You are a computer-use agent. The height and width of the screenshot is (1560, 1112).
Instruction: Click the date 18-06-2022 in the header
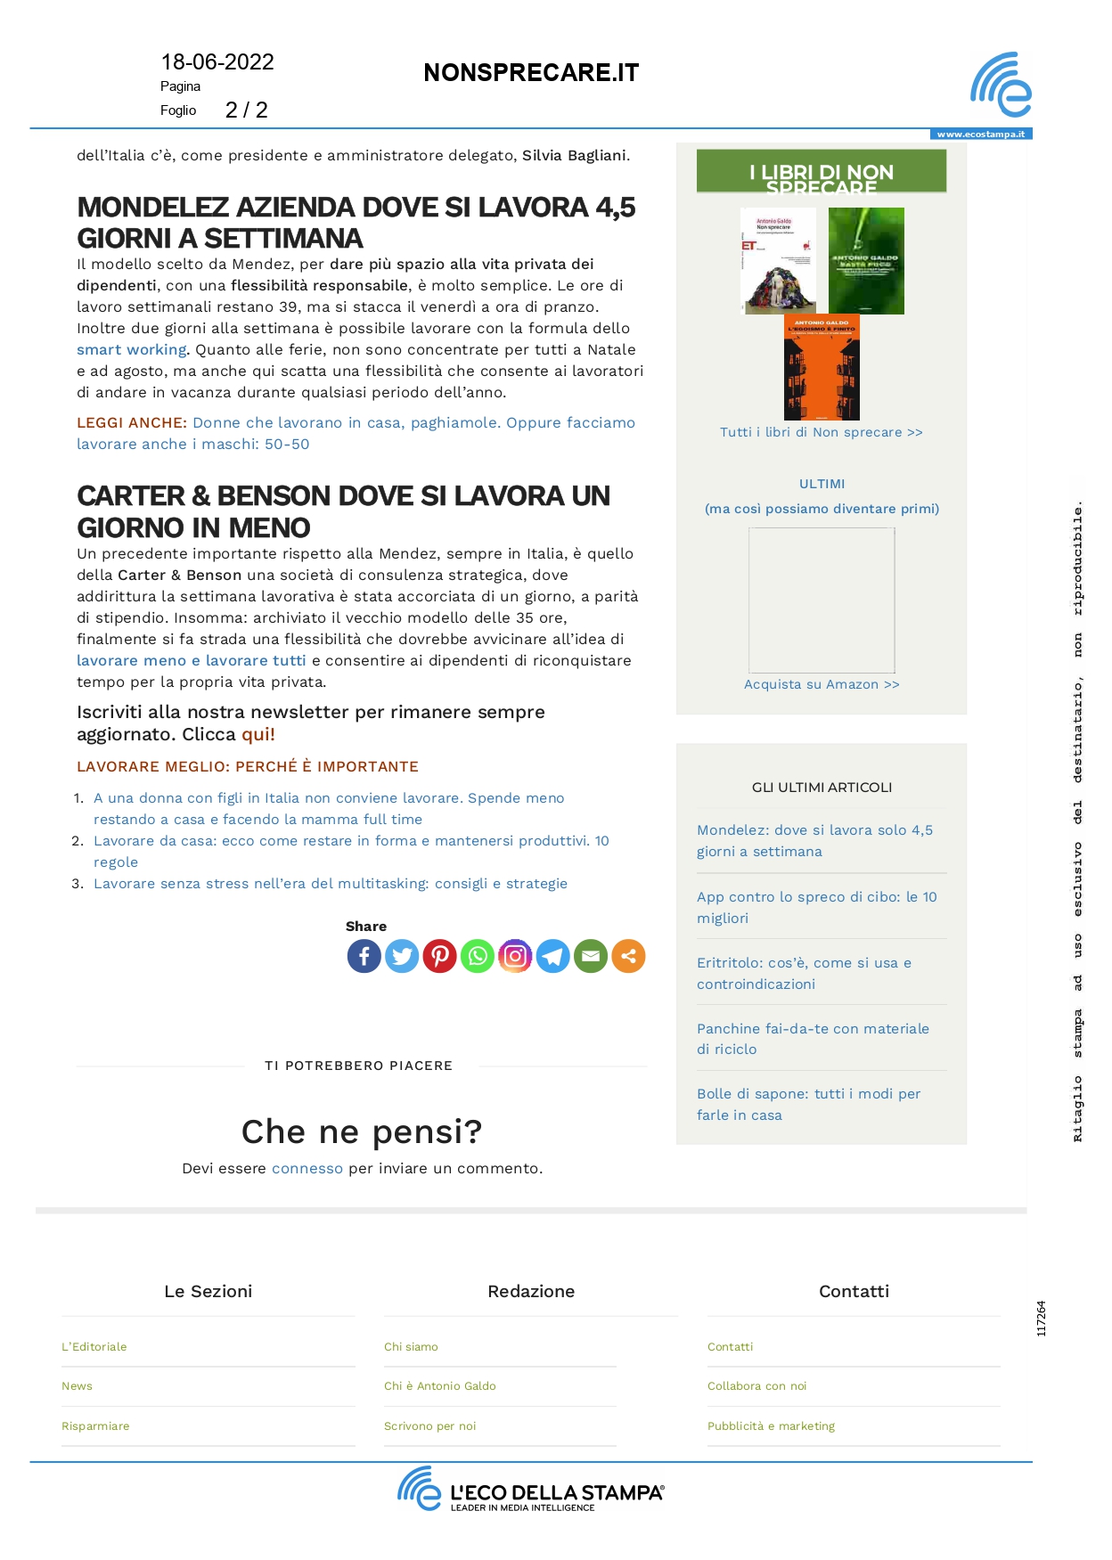[x=217, y=62]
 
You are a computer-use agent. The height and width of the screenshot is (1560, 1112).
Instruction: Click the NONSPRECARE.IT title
[x=531, y=73]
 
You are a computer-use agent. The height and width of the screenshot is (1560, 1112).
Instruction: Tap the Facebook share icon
[x=364, y=956]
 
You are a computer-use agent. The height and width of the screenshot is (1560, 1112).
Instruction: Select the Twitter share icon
[x=402, y=956]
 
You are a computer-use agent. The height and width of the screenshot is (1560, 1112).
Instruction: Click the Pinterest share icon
[x=439, y=956]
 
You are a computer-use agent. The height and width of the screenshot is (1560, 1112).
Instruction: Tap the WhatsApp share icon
[x=478, y=956]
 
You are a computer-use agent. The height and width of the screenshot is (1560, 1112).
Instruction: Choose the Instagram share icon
[x=515, y=956]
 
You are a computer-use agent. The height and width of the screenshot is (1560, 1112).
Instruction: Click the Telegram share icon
[x=552, y=956]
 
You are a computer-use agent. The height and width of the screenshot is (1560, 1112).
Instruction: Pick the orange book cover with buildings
[x=822, y=367]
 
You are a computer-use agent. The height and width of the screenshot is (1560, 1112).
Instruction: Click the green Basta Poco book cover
[x=866, y=261]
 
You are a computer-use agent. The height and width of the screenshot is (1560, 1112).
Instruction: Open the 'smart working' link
[x=132, y=350]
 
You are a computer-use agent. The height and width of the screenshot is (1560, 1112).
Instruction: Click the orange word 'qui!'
[x=258, y=735]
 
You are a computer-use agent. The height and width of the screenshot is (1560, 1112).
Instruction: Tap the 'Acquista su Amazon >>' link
[x=822, y=684]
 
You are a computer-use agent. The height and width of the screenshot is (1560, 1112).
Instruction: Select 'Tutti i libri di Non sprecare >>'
[x=822, y=432]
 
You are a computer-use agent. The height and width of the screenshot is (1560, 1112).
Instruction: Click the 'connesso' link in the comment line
[x=307, y=1168]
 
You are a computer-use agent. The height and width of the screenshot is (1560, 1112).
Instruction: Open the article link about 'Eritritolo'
[x=804, y=973]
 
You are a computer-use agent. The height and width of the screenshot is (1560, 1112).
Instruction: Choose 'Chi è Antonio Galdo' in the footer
[x=440, y=1386]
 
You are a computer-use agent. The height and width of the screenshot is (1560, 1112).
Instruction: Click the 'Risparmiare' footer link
[x=95, y=1426]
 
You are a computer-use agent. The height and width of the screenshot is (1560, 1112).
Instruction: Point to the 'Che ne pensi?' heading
[x=362, y=1131]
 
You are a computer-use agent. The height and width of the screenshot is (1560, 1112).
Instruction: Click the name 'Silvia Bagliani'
[x=574, y=156]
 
